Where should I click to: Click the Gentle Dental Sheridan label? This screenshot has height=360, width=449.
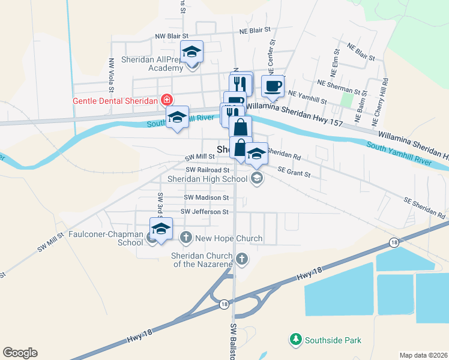click(116, 101)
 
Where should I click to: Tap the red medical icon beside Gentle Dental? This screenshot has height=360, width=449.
click(166, 101)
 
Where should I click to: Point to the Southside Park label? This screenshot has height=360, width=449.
click(333, 340)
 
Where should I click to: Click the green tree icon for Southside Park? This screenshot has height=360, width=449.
click(295, 340)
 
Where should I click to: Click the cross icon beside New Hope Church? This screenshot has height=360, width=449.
click(186, 238)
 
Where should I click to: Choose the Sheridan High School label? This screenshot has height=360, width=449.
click(207, 179)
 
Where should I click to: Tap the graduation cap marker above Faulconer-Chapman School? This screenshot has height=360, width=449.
click(161, 229)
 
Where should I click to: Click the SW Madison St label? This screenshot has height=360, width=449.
click(206, 197)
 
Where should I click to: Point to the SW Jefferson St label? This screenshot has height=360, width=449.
click(205, 212)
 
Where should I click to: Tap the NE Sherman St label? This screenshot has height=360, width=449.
click(342, 89)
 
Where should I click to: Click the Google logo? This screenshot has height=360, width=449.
click(20, 353)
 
